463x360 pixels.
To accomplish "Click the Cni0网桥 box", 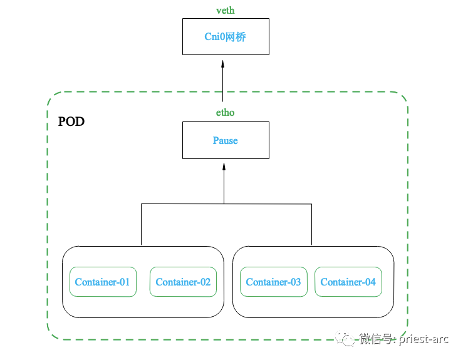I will (x=226, y=36).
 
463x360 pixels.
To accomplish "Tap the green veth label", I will (x=225, y=11).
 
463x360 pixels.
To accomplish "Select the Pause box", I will (x=226, y=140).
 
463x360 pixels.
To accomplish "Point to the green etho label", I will (x=225, y=113).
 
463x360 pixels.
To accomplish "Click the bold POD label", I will (x=71, y=121).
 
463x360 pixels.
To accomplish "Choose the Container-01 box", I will (x=102, y=282).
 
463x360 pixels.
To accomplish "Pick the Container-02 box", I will (x=183, y=282).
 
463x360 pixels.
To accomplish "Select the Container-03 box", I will (x=273, y=282).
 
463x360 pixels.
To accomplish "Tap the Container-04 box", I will (x=348, y=282).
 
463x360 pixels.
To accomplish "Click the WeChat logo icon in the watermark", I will (x=346, y=339).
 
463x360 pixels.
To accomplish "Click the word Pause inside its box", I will (x=226, y=140).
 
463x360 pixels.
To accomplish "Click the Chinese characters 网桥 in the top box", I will (x=237, y=36).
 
